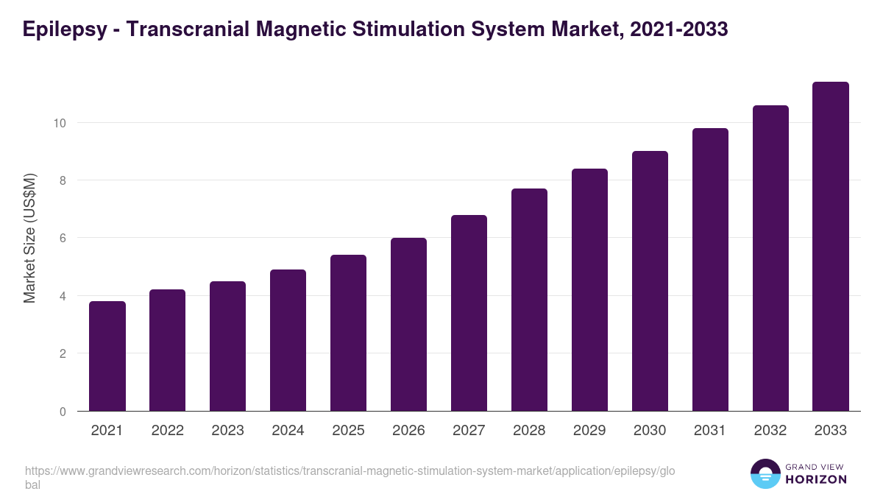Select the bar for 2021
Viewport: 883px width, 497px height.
pos(107,356)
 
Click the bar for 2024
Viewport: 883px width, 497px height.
pos(288,340)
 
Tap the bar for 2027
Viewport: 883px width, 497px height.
pos(469,313)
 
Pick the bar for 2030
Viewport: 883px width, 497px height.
pos(650,281)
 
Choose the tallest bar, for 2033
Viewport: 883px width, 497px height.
pos(831,247)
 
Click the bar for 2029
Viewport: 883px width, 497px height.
pos(589,290)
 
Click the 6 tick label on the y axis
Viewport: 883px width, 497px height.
pos(63,239)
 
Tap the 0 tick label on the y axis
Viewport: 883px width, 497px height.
pos(63,412)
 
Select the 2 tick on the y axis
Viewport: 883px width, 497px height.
pos(63,354)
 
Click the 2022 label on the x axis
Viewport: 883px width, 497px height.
pos(168,431)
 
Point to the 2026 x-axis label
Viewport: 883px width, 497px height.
pos(408,431)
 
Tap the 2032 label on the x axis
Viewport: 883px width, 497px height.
pos(770,431)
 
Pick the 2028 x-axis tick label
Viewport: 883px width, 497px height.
pos(529,431)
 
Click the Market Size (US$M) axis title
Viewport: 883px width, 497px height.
pos(29,238)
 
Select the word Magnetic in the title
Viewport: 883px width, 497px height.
pos(293,29)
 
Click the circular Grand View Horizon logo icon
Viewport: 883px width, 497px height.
pos(765,473)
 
